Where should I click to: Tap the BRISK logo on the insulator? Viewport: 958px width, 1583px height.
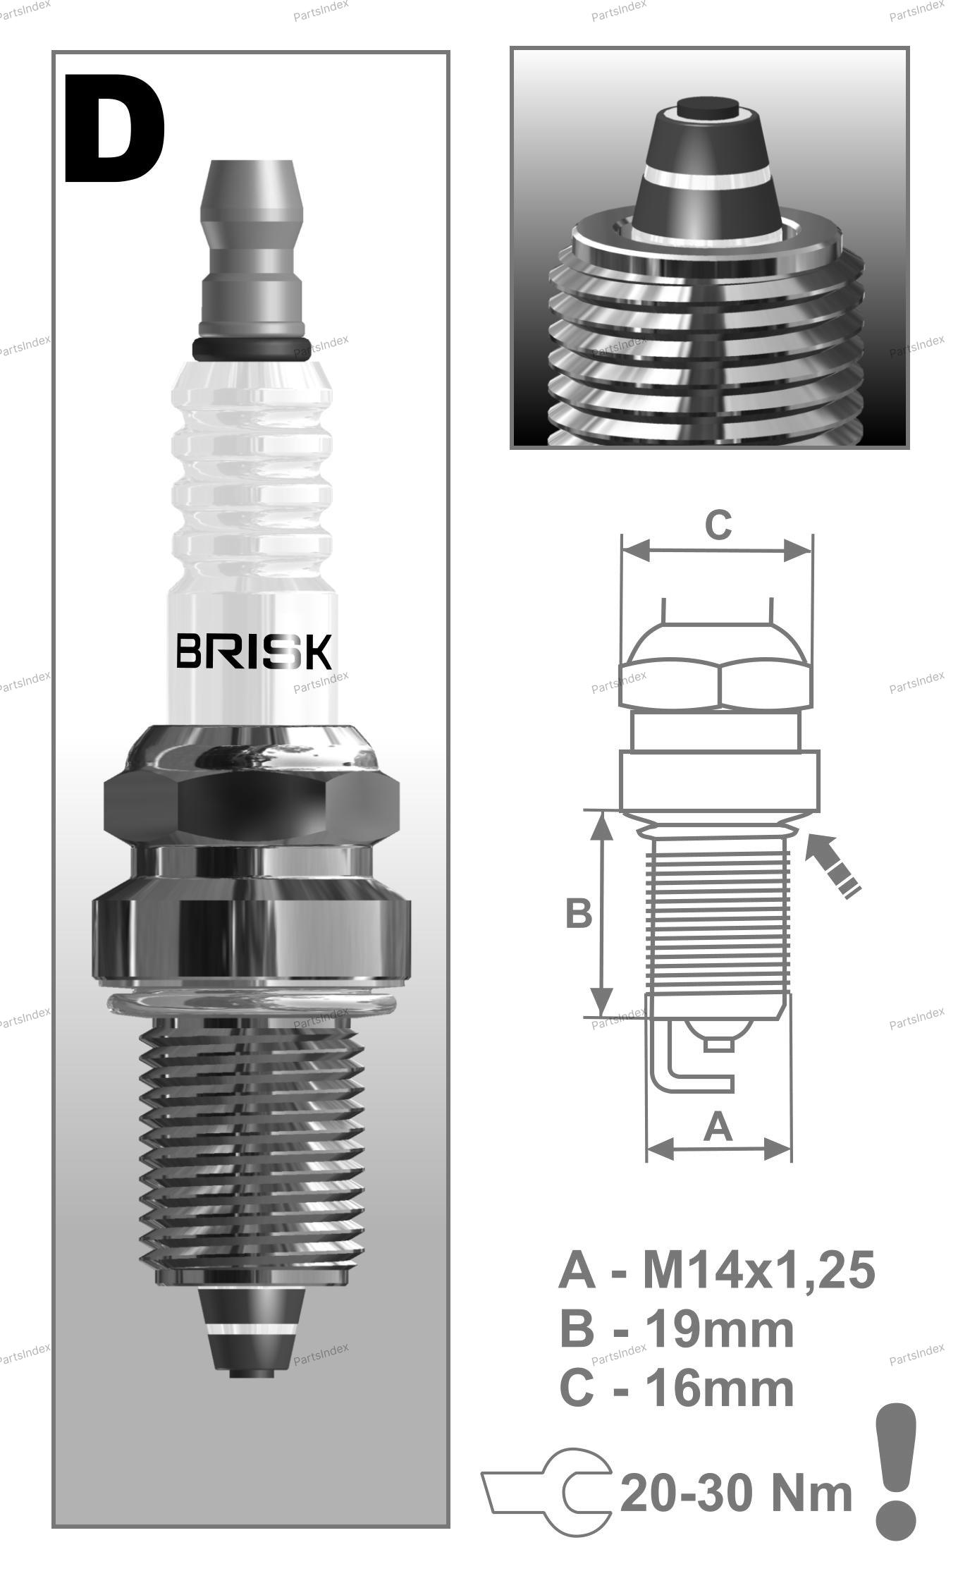tap(253, 652)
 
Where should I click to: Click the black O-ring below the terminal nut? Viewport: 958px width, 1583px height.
tap(251, 348)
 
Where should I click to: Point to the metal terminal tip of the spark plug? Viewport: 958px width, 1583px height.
tap(251, 247)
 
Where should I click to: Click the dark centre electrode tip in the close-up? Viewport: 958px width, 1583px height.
tap(708, 109)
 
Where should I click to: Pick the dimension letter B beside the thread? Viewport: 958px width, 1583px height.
tap(578, 913)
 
